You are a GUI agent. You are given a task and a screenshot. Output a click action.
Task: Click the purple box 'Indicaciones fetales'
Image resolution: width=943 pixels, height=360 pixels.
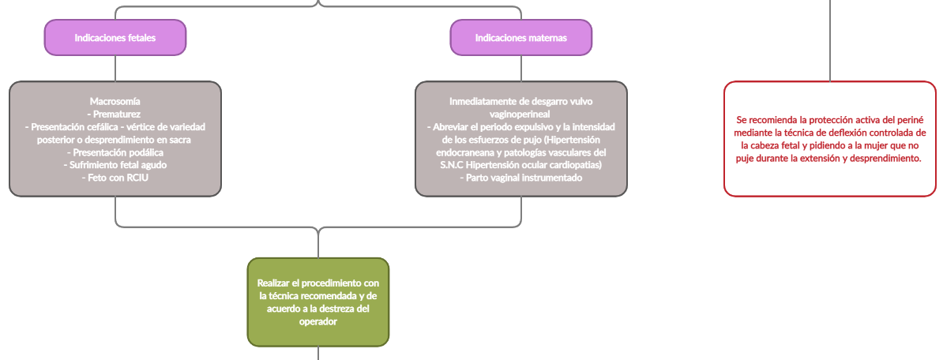click(115, 38)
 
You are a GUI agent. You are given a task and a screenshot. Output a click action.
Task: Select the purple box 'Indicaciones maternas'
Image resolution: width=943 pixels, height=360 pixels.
click(520, 38)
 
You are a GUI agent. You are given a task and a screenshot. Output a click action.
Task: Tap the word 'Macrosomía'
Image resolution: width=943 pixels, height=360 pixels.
click(115, 102)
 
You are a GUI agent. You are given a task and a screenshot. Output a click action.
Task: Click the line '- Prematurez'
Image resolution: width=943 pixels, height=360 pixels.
click(115, 114)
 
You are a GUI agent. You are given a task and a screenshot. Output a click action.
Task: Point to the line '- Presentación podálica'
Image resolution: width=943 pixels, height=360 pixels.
click(115, 152)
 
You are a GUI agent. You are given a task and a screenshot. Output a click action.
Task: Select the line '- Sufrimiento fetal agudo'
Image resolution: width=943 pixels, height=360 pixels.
click(115, 165)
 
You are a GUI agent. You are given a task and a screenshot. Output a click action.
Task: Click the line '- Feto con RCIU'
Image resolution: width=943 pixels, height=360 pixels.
click(115, 178)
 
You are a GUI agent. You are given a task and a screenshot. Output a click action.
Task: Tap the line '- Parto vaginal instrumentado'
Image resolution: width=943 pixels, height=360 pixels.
click(521, 178)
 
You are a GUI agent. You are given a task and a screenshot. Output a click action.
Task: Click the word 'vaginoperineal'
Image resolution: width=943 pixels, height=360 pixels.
click(521, 114)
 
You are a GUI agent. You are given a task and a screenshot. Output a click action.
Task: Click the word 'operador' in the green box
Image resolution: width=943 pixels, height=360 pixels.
click(318, 321)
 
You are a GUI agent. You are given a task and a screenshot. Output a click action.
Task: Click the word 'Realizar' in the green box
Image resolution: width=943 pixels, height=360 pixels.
click(276, 283)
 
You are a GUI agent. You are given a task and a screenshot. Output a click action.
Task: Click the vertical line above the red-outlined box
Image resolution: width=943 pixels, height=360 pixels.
click(829, 39)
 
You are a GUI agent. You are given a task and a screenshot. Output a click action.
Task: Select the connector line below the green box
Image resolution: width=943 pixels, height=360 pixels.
click(318, 353)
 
